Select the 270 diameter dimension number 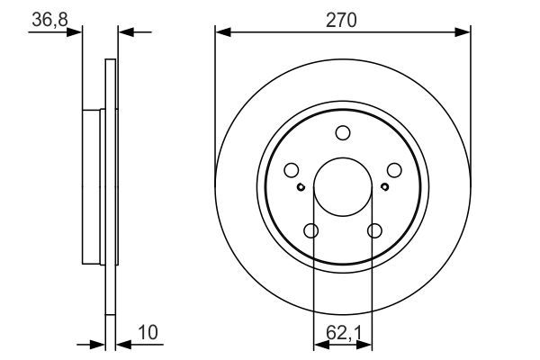pyautogui.click(x=343, y=18)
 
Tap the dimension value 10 pyautogui.click(x=148, y=332)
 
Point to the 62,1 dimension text pyautogui.click(x=343, y=332)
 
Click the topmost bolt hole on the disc pyautogui.click(x=343, y=133)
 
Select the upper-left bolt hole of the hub pyautogui.click(x=291, y=169)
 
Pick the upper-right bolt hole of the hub pyautogui.click(x=394, y=169)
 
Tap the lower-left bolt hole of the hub pyautogui.click(x=311, y=231)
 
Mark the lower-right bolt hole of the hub pyautogui.click(x=373, y=231)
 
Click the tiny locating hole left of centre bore pyautogui.click(x=301, y=187)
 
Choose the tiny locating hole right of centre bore pyautogui.click(x=384, y=187)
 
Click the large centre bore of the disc pyautogui.click(x=343, y=187)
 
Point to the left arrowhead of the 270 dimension pyautogui.click(x=221, y=32)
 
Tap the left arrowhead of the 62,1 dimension pyautogui.click(x=318, y=344)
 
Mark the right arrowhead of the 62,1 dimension pyautogui.click(x=368, y=344)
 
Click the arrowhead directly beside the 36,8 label pyautogui.click(x=75, y=32)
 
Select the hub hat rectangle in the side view pyautogui.click(x=94, y=187)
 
